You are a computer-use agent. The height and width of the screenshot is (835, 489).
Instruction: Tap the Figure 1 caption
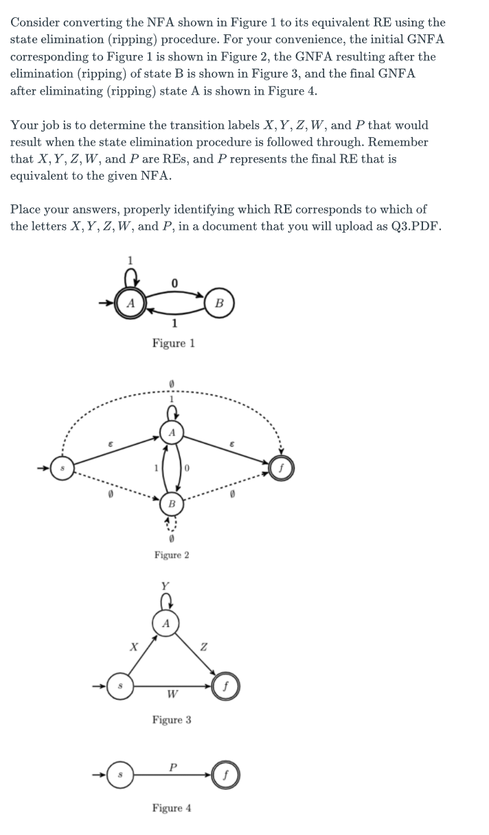tap(174, 342)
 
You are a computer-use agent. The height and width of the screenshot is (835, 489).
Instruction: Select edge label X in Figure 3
tap(135, 646)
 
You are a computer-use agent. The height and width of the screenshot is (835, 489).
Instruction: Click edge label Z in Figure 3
tap(203, 645)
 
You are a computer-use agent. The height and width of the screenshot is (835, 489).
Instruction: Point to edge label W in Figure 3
tap(170, 694)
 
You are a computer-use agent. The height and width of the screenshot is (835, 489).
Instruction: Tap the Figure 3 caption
tap(172, 720)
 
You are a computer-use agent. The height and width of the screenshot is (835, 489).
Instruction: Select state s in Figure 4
tap(120, 776)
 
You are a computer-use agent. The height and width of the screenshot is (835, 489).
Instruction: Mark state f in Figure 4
tap(224, 776)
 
